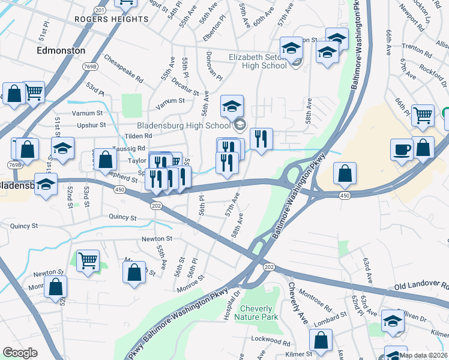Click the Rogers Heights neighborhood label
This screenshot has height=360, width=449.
(x=111, y=19)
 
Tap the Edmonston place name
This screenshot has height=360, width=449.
(x=61, y=50)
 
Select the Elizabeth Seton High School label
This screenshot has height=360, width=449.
(x=258, y=61)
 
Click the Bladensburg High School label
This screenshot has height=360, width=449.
(x=184, y=125)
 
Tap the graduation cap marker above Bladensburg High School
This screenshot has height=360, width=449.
(x=232, y=106)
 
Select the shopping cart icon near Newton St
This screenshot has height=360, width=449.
(x=88, y=260)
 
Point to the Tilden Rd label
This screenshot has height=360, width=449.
(x=138, y=136)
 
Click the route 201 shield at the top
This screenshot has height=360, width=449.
(x=100, y=10)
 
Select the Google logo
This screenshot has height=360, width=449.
(x=20, y=353)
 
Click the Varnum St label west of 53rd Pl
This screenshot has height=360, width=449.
(x=87, y=113)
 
